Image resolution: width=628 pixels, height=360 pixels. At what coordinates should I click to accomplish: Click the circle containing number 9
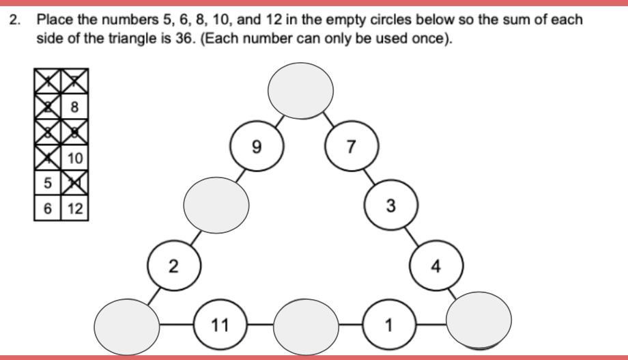(x=257, y=146)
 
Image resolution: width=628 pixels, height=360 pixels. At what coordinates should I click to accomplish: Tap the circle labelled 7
(x=351, y=146)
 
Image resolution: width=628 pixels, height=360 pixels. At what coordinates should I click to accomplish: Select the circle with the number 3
(x=390, y=206)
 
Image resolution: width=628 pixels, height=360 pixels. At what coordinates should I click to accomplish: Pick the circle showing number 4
(x=436, y=266)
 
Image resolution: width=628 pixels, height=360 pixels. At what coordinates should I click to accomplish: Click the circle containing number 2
(x=174, y=266)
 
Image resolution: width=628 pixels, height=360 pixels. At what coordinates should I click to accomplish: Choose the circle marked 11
(x=220, y=325)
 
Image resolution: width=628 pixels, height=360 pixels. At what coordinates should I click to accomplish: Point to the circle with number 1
(x=389, y=325)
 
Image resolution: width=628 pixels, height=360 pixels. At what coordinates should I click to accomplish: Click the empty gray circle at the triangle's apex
(x=300, y=89)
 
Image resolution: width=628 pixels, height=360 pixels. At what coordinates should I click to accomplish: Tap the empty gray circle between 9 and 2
(x=216, y=203)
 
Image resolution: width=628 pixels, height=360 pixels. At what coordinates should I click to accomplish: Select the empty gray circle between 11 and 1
(x=306, y=325)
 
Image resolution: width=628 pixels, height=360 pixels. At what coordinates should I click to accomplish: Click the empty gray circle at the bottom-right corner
(x=479, y=319)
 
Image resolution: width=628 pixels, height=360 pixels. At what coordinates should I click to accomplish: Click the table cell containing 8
(x=74, y=107)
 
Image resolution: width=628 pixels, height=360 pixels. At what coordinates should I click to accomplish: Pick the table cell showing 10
(x=74, y=158)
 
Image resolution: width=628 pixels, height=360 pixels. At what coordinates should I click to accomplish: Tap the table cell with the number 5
(x=48, y=183)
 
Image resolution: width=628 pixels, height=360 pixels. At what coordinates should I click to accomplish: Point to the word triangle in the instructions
(x=129, y=38)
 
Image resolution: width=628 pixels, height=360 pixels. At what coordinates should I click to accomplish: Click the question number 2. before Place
(x=14, y=19)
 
